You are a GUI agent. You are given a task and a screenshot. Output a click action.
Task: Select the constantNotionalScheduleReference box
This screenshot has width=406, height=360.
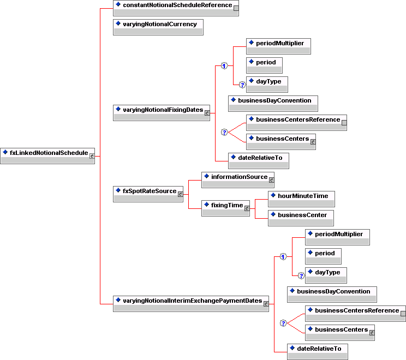(176, 5)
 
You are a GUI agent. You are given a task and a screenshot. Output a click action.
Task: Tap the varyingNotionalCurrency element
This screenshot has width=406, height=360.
(158, 25)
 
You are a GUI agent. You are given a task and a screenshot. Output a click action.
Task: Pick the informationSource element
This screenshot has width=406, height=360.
(237, 177)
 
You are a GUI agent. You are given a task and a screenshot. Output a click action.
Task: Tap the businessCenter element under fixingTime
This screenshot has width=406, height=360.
(301, 215)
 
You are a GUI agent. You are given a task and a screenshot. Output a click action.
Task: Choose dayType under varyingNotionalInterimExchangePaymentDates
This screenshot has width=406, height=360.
(326, 272)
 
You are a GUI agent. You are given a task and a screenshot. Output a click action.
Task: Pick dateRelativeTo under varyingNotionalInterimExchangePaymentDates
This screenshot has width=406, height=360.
(318, 347)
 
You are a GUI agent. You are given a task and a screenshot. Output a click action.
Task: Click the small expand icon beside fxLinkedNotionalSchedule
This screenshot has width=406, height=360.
(92, 155)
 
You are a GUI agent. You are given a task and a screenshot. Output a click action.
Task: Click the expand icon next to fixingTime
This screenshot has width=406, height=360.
(247, 208)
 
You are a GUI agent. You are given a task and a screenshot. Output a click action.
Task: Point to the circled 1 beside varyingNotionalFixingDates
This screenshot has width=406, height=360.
(224, 66)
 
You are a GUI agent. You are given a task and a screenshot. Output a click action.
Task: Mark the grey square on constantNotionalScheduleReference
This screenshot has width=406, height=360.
(236, 8)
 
